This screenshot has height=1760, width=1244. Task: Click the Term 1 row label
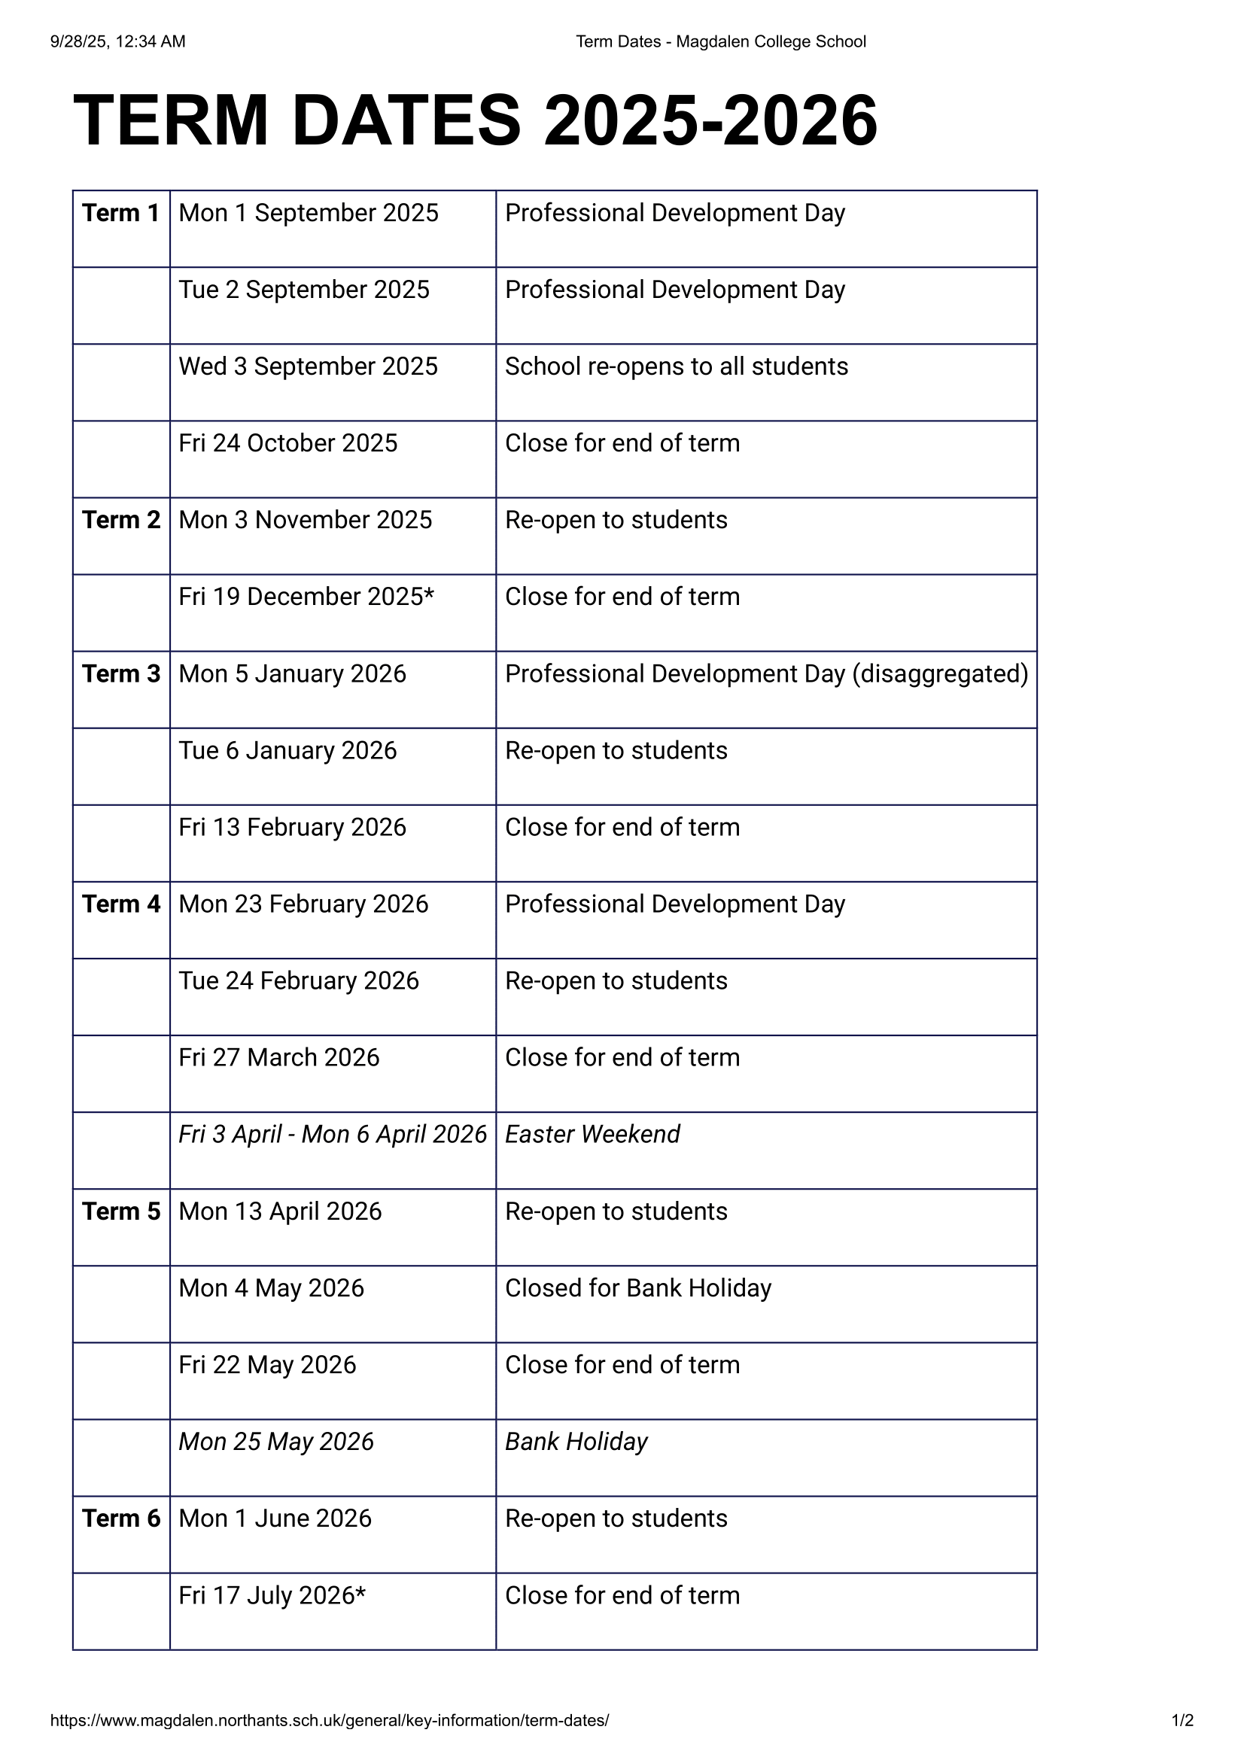click(x=120, y=213)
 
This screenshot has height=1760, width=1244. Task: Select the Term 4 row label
click(x=121, y=904)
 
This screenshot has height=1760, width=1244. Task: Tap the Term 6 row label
click(x=121, y=1518)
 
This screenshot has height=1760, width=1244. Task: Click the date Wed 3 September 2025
click(x=308, y=366)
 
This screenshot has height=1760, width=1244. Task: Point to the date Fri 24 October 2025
click(x=288, y=443)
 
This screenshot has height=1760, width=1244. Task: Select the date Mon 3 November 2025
click(x=305, y=520)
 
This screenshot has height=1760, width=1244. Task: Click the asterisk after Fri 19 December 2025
click(x=429, y=594)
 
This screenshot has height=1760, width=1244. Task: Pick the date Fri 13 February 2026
click(x=292, y=827)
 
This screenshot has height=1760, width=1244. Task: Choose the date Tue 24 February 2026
click(x=299, y=981)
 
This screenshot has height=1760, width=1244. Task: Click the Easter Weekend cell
click(x=592, y=1135)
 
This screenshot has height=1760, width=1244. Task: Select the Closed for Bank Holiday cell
click(x=637, y=1287)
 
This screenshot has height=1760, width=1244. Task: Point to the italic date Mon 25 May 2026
click(x=276, y=1442)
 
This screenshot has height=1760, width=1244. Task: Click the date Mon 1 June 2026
click(x=275, y=1518)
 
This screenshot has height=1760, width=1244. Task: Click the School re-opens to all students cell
click(x=676, y=366)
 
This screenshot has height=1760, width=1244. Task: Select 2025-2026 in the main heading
click(x=710, y=120)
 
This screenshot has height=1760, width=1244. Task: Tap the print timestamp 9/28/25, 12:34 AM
click(x=118, y=41)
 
